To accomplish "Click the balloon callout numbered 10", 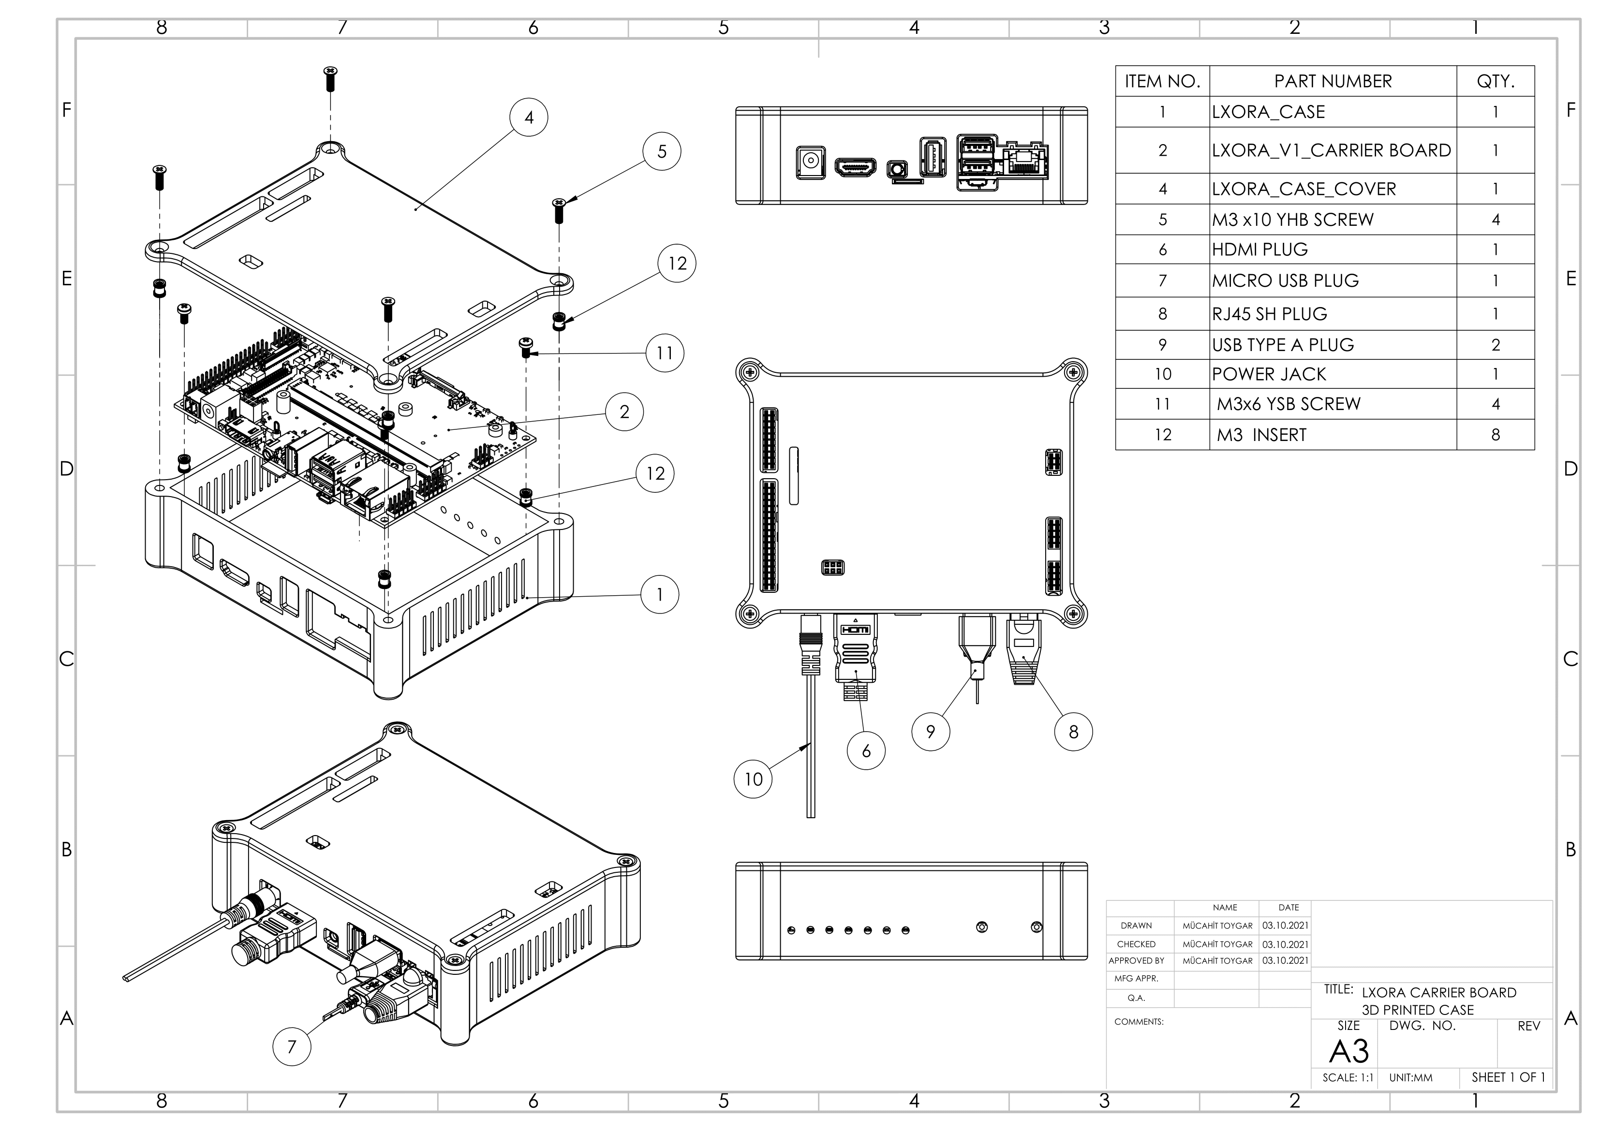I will pos(753,778).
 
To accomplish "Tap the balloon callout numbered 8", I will pos(1073,732).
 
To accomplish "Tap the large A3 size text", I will pos(1348,1051).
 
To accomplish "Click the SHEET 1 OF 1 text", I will pos(1508,1077).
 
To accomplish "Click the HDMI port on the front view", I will pos(856,167).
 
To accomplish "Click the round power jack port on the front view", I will pos(811,162).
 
